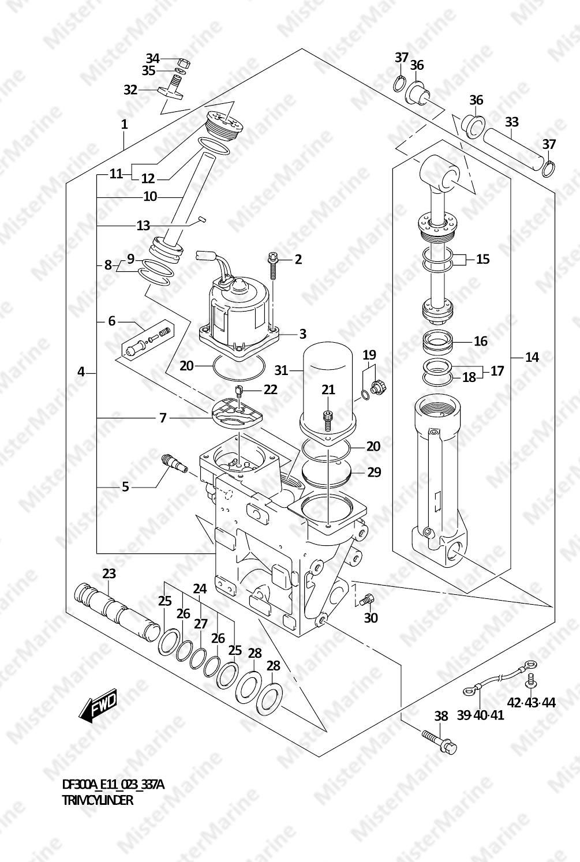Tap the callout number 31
[x=281, y=370]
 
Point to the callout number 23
[x=109, y=574]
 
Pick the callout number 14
[x=532, y=357]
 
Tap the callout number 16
[x=480, y=341]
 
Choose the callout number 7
[x=163, y=418]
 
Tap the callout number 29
[x=374, y=472]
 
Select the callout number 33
[x=511, y=122]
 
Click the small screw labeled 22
[x=239, y=390]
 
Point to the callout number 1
[x=124, y=124]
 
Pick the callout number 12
[x=148, y=178]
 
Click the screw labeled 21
[x=328, y=420]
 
